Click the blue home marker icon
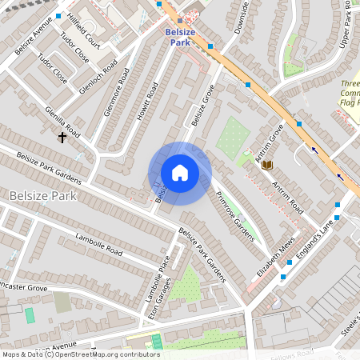(x=180, y=173)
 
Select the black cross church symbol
(x=62, y=138)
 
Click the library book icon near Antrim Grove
(x=267, y=165)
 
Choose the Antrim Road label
(x=287, y=197)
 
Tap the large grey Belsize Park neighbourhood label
(x=41, y=195)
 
